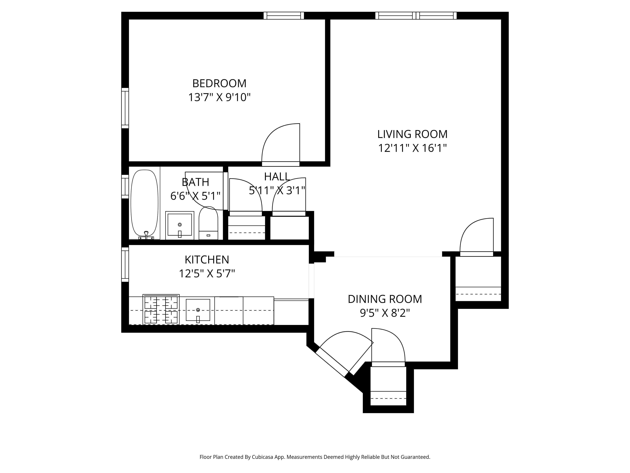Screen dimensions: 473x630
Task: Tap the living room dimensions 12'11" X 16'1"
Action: point(412,148)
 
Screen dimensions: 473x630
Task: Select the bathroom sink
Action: point(180,225)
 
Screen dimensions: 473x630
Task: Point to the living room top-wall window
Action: point(416,16)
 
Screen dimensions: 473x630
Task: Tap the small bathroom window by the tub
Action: point(125,187)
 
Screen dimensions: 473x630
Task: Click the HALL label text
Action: point(277,177)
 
